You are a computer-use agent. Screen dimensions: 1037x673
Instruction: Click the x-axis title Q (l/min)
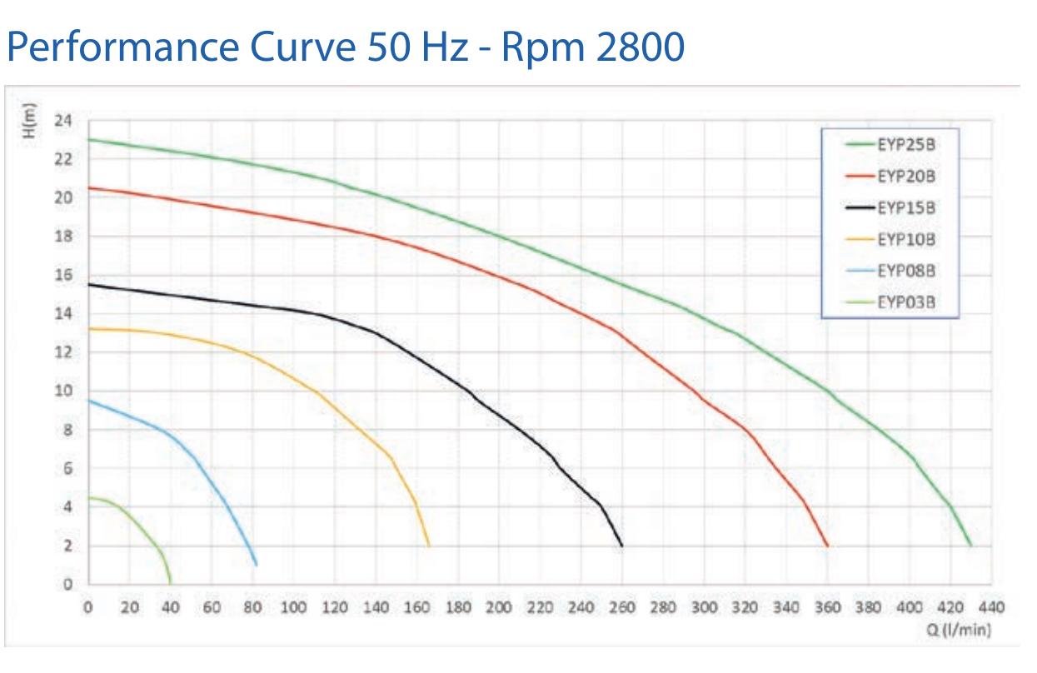[x=959, y=630]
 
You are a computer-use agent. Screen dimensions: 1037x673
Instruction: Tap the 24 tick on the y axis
[x=63, y=121]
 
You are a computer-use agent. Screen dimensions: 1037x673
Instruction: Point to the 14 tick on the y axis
[x=63, y=314]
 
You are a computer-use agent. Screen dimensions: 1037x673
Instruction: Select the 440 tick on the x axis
[x=992, y=607]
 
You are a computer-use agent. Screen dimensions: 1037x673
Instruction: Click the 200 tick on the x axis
[x=499, y=607]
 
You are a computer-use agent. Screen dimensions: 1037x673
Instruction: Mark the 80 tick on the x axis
[x=252, y=607]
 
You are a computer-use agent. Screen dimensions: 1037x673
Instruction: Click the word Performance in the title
[x=123, y=47]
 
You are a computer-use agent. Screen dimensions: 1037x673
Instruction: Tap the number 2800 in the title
[x=640, y=47]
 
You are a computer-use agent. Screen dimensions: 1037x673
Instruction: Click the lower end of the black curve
[x=621, y=546]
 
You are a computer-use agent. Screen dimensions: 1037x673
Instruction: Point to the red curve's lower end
[x=827, y=546]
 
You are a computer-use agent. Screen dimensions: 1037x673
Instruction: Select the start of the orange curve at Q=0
[x=89, y=329]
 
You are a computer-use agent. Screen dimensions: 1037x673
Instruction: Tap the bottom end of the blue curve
[x=257, y=565]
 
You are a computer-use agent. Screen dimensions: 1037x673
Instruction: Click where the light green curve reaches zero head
[x=171, y=584]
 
